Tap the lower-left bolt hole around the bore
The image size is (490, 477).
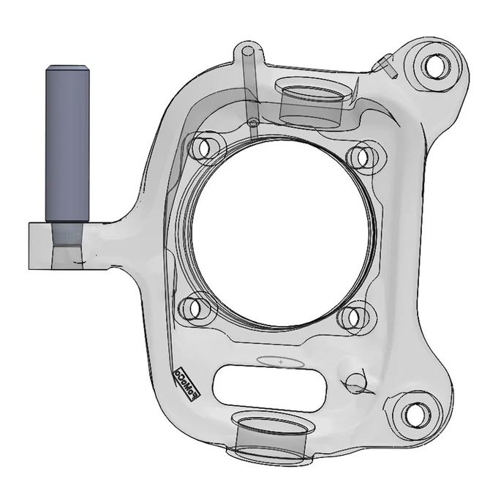pyautogui.click(x=193, y=307)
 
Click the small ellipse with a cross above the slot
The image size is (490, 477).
pyautogui.click(x=281, y=361)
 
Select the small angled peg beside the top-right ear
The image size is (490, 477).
pyautogui.click(x=383, y=64)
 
